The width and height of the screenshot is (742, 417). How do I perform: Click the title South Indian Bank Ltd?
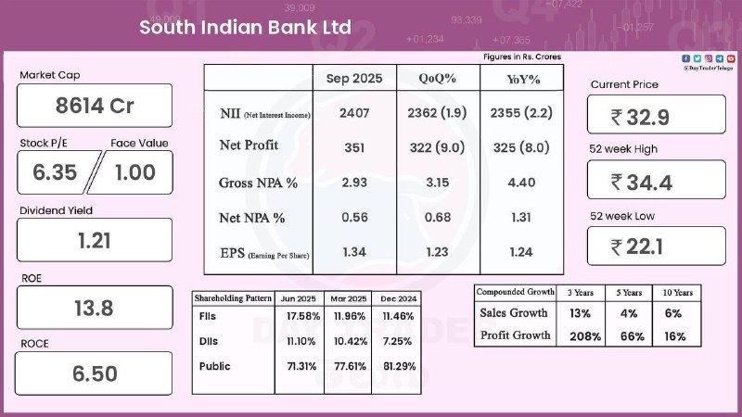click(245, 27)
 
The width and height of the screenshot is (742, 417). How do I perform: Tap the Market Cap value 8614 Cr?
click(95, 106)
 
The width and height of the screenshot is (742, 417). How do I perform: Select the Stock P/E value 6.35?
click(57, 172)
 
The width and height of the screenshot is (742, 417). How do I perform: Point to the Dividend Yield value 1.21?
click(95, 240)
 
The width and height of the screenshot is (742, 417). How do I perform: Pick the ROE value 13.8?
click(95, 307)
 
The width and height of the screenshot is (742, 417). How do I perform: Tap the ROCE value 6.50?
click(95, 373)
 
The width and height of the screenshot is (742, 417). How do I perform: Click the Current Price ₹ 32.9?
click(654, 117)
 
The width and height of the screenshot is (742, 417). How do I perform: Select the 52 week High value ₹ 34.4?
click(654, 182)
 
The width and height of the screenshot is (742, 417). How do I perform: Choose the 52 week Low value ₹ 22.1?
click(654, 247)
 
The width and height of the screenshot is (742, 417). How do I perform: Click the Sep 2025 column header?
click(353, 79)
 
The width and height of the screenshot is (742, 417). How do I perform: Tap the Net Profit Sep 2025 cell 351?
click(353, 146)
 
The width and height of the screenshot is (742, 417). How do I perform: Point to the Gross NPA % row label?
click(258, 183)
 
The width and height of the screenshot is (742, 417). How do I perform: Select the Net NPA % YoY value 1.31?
click(522, 218)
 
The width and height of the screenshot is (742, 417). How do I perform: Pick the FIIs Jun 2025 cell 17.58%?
click(299, 315)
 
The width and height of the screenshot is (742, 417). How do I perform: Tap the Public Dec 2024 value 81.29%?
click(400, 367)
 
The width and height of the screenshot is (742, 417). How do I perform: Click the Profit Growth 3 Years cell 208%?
click(580, 335)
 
